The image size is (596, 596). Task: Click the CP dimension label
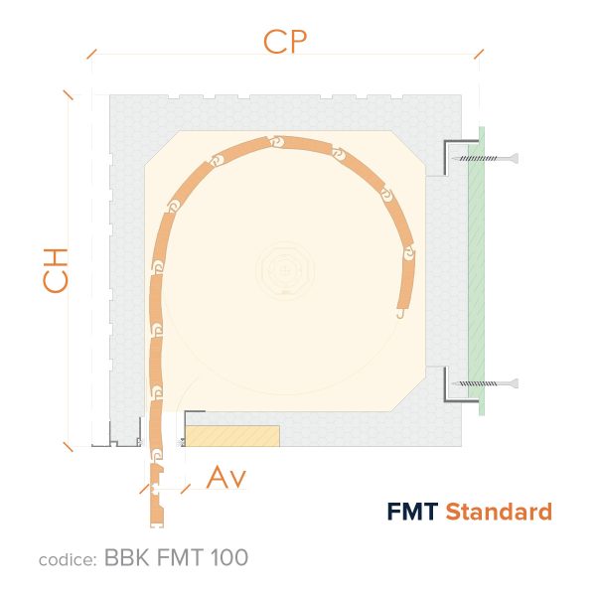pos(285,42)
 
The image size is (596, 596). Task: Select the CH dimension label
pos(56,270)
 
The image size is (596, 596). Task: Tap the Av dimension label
pos(226,477)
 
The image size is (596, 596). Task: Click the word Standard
pos(499,512)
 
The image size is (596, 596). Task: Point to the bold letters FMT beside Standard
pos(412,512)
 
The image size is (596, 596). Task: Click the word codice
pos(68,559)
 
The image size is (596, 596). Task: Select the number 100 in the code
pos(229,557)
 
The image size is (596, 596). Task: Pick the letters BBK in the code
pos(126,557)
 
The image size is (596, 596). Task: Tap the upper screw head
pos(514,158)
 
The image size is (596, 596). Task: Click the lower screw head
pos(514,383)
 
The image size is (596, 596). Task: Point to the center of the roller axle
pos(285,270)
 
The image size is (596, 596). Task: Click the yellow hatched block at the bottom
pos(232,436)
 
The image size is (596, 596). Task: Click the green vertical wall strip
pos(477,270)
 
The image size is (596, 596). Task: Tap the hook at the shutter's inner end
pos(400,314)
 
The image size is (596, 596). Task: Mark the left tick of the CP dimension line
pos(91,54)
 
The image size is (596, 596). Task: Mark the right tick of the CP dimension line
pos(479,54)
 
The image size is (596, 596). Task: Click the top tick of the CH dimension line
pos(69,94)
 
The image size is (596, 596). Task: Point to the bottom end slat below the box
pos(156,496)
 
